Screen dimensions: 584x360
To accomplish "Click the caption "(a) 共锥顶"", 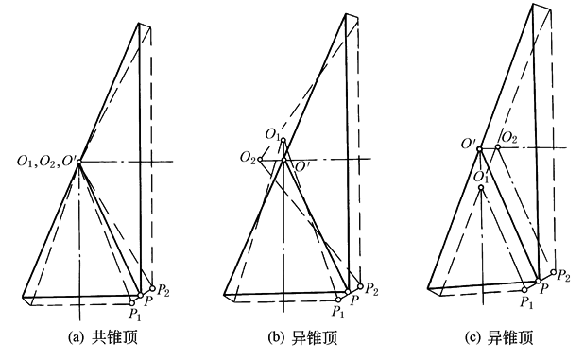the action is (x=103, y=337).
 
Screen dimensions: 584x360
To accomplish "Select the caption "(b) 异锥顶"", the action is (x=302, y=337).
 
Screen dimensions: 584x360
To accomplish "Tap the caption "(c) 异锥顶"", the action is (x=499, y=337).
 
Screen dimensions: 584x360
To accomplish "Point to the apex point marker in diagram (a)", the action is (x=79, y=162).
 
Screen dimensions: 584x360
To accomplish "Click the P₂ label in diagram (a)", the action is (x=163, y=290).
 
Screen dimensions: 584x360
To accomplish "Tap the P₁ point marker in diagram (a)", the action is (x=132, y=303).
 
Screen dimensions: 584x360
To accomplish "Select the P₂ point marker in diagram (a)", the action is (x=152, y=288).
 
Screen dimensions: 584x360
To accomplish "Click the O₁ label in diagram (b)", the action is (x=272, y=134).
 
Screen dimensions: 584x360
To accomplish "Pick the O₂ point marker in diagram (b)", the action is (x=260, y=160).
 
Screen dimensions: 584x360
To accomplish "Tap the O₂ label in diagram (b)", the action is (x=248, y=158).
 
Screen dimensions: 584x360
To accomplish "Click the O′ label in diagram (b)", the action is (x=301, y=167).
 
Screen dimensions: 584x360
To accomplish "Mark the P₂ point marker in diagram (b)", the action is (x=360, y=286).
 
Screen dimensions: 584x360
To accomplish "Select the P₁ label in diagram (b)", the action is (x=338, y=312).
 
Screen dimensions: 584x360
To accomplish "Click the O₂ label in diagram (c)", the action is (x=509, y=138).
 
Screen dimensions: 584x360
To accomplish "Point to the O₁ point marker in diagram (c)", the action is (x=481, y=187).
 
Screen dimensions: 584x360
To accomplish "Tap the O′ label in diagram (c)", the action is (x=468, y=144).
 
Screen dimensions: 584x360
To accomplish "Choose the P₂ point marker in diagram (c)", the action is (x=553, y=272).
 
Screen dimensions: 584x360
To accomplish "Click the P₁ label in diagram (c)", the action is (x=526, y=302).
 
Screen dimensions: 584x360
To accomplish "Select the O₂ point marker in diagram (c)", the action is (x=498, y=146).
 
